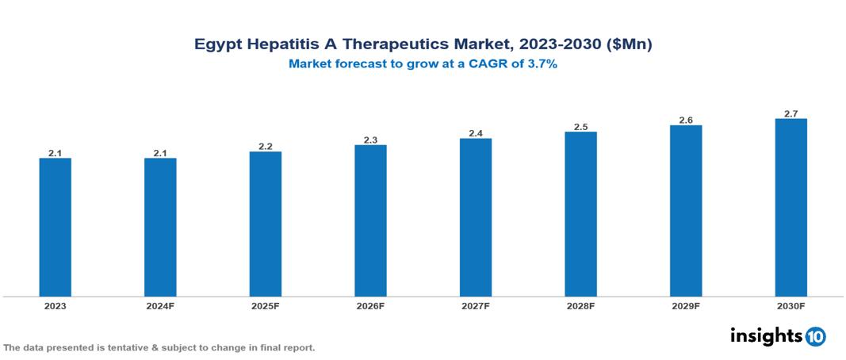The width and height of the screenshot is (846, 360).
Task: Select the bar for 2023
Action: (56, 227)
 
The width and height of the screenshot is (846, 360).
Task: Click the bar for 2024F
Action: (160, 227)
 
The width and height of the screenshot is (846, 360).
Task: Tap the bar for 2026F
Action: (370, 220)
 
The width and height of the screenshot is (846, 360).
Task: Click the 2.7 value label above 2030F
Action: (790, 114)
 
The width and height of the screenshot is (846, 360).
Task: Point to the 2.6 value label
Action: (686, 121)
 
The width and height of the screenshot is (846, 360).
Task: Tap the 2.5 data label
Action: (580, 127)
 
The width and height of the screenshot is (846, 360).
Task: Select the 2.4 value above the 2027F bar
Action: (476, 134)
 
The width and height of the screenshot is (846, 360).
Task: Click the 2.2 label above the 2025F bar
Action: (266, 147)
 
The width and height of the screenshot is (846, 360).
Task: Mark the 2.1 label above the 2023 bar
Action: (56, 153)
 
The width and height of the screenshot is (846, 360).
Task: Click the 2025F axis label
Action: (266, 306)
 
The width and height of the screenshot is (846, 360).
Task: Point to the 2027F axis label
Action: (476, 306)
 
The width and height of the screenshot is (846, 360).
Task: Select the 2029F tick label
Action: (686, 306)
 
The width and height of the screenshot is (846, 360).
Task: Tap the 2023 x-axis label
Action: (56, 306)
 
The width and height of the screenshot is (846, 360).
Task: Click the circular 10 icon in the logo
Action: (815, 336)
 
